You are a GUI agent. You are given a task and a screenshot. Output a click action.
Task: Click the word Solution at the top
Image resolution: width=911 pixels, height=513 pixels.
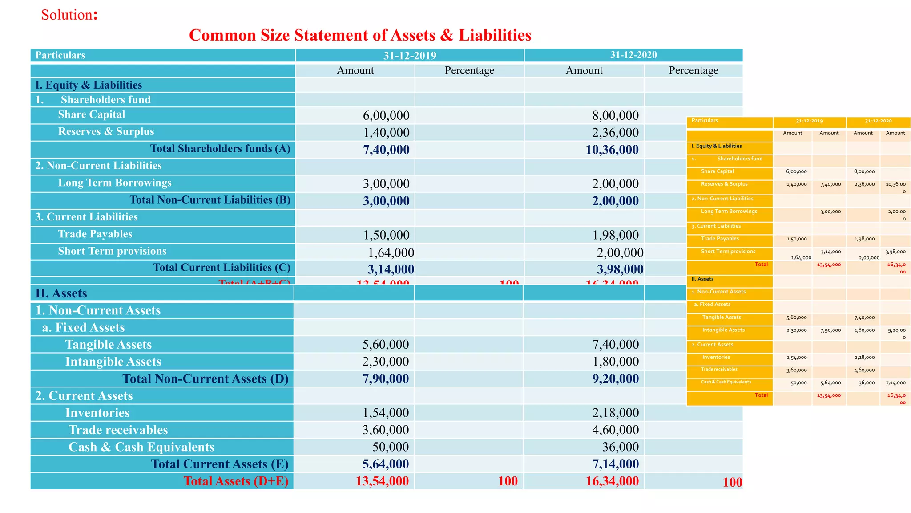[x=67, y=15]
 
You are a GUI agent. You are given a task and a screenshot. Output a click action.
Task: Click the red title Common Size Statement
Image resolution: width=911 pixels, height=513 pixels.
[x=360, y=35]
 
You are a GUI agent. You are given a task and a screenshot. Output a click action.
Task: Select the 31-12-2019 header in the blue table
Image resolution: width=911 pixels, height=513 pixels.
[x=410, y=55]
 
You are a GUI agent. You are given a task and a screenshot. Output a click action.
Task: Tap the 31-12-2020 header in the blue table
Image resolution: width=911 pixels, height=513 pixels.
[x=633, y=55]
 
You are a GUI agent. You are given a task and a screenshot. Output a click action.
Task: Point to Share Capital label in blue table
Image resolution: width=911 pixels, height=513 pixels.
[x=91, y=114]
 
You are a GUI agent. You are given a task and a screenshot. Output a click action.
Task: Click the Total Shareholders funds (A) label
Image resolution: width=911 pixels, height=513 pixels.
[x=220, y=149]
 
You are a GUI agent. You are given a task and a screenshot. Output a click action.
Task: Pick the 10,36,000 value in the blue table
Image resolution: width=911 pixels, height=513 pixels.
[x=612, y=150]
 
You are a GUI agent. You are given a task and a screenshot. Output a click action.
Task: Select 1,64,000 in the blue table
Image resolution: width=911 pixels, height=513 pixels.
[x=391, y=252]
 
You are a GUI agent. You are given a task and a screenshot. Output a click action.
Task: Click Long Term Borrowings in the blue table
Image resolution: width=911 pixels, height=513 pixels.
[x=115, y=183]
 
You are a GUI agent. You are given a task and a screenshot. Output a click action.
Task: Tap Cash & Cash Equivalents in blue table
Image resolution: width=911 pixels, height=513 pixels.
[x=141, y=447]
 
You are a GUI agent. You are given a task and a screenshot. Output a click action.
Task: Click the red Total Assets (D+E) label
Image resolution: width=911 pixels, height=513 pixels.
[x=236, y=481]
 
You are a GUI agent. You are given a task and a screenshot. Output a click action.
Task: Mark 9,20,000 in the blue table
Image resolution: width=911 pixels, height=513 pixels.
[x=615, y=379]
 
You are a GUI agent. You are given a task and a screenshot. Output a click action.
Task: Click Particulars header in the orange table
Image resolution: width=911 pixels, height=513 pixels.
[x=705, y=121]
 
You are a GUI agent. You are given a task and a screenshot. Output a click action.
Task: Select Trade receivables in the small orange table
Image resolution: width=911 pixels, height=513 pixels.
[x=719, y=369]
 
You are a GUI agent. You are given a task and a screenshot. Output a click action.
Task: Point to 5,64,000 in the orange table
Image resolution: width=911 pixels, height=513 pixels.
[x=830, y=383]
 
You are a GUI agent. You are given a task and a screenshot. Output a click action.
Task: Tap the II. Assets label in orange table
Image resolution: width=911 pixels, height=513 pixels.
[x=702, y=279]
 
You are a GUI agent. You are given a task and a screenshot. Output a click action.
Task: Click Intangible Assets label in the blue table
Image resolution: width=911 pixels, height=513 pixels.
[x=113, y=362]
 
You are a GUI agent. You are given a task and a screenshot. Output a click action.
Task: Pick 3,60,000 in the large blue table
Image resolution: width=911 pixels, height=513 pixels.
[x=385, y=430]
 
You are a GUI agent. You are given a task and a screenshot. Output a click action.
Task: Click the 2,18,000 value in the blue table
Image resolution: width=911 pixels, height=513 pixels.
[x=615, y=413]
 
